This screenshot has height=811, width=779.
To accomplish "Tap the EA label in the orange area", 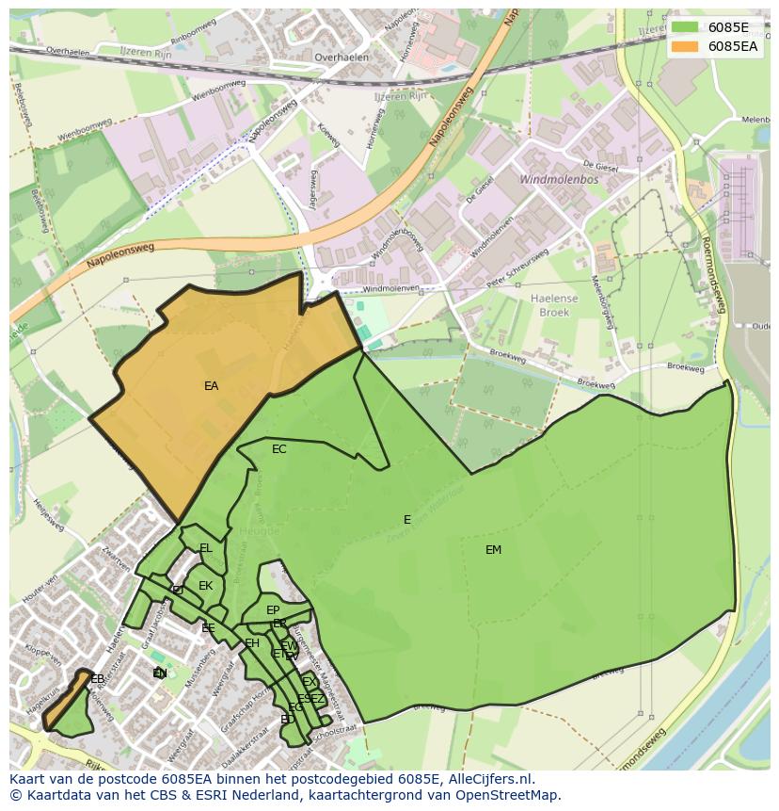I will pyautogui.click(x=211, y=386).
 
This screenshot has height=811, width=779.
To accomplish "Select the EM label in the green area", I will pyautogui.click(x=493, y=550).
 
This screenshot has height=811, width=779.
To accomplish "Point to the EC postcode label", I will pyautogui.click(x=278, y=449).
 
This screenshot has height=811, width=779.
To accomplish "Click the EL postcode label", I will pyautogui.click(x=205, y=548).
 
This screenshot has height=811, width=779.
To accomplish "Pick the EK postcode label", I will pyautogui.click(x=205, y=586).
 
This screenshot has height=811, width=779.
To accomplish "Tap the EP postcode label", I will pyautogui.click(x=273, y=610).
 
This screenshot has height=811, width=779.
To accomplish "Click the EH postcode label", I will pyautogui.click(x=251, y=643).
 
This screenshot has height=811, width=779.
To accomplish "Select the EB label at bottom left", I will pyautogui.click(x=97, y=678).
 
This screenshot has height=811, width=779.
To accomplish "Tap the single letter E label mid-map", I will pyautogui.click(x=406, y=520).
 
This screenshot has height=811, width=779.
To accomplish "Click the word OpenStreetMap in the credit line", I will pyautogui.click(x=511, y=795).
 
